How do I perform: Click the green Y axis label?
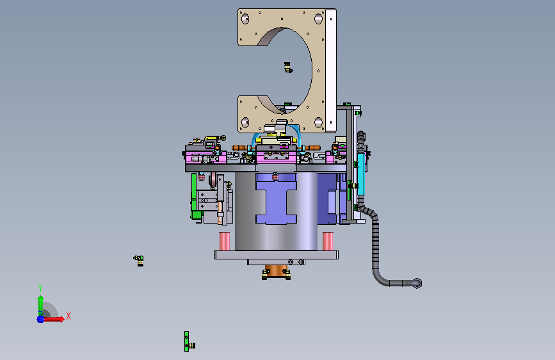click(40, 288)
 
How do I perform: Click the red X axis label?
click(68, 316)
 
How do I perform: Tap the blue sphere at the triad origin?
click(41, 319)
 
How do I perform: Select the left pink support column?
click(225, 241)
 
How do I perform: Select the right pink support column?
click(328, 241)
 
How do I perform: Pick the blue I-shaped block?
click(276, 199)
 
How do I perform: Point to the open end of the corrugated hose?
click(417, 283)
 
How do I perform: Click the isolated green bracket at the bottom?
click(186, 341)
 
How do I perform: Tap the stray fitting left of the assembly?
click(139, 261)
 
